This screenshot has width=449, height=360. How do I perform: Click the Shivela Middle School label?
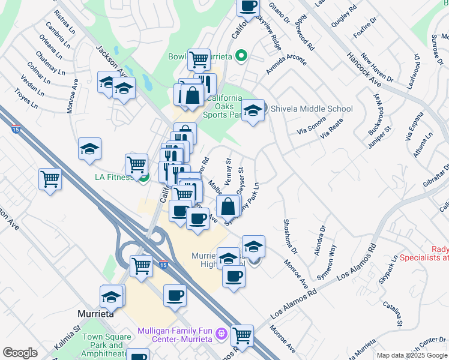pyautogui.click(x=312, y=109)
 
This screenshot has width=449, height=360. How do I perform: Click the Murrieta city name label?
pyautogui.click(x=96, y=314)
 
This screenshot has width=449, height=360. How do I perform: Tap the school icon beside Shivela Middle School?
pyautogui.click(x=253, y=110)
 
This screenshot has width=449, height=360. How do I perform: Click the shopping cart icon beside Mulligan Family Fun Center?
pyautogui.click(x=242, y=335)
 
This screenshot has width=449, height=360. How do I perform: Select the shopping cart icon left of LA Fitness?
pyautogui.click(x=136, y=164)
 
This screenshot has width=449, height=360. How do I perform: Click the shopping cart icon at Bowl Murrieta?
pyautogui.click(x=198, y=59)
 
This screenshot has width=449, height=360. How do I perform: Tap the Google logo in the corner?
pyautogui.click(x=19, y=353)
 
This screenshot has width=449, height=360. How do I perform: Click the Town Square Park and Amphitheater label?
pyautogui.click(x=107, y=345)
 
